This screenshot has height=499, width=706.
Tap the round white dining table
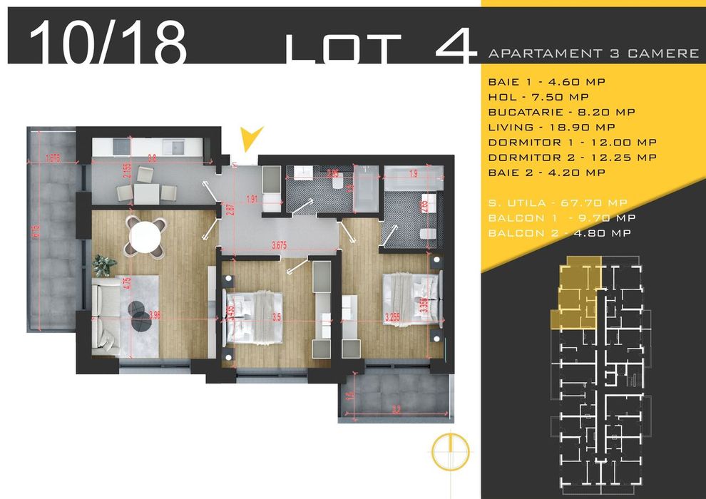point(145,235)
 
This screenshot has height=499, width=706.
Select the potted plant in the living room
point(104,265)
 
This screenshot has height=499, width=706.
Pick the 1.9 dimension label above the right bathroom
point(413,173)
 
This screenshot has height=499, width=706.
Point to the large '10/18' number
point(108,44)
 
